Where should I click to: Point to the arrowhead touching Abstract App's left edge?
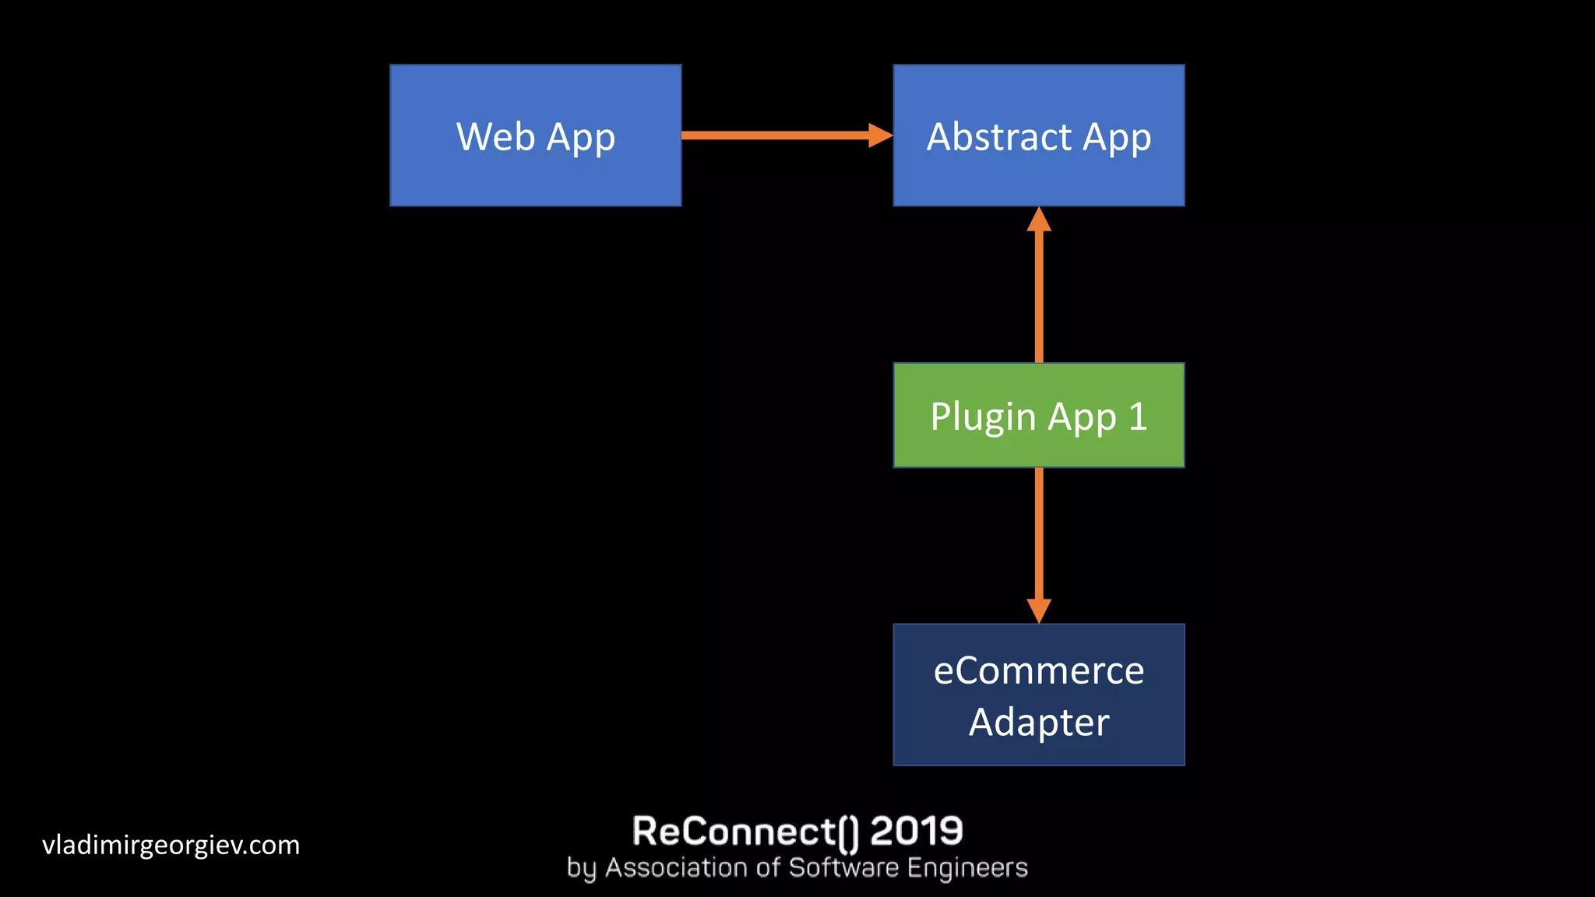(x=880, y=135)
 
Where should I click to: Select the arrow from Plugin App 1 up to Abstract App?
(x=1039, y=296)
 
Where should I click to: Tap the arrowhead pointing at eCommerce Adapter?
(x=1039, y=610)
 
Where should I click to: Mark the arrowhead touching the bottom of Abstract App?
(x=1039, y=220)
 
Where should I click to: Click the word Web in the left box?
(x=495, y=137)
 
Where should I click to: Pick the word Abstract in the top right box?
(x=999, y=137)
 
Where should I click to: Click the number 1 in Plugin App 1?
(x=1138, y=417)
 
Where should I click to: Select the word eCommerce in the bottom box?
(x=1038, y=671)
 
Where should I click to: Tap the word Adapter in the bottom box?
(x=1038, y=723)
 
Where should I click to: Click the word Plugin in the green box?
(x=982, y=417)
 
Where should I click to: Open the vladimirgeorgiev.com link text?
(x=171, y=845)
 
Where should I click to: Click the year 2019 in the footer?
(x=916, y=831)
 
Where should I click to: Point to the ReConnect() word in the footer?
(x=745, y=831)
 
